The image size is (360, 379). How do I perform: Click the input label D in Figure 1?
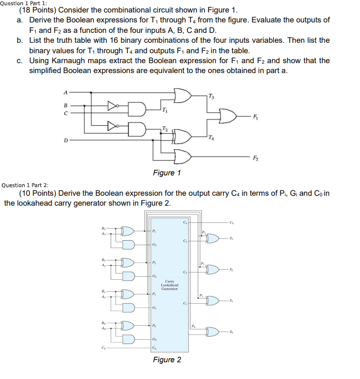(x=65, y=139)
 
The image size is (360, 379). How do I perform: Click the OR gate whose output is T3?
(x=183, y=96)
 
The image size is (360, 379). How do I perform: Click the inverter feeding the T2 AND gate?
(x=112, y=126)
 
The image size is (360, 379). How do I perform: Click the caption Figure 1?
(x=167, y=173)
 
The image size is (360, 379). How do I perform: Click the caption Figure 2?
(x=167, y=360)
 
